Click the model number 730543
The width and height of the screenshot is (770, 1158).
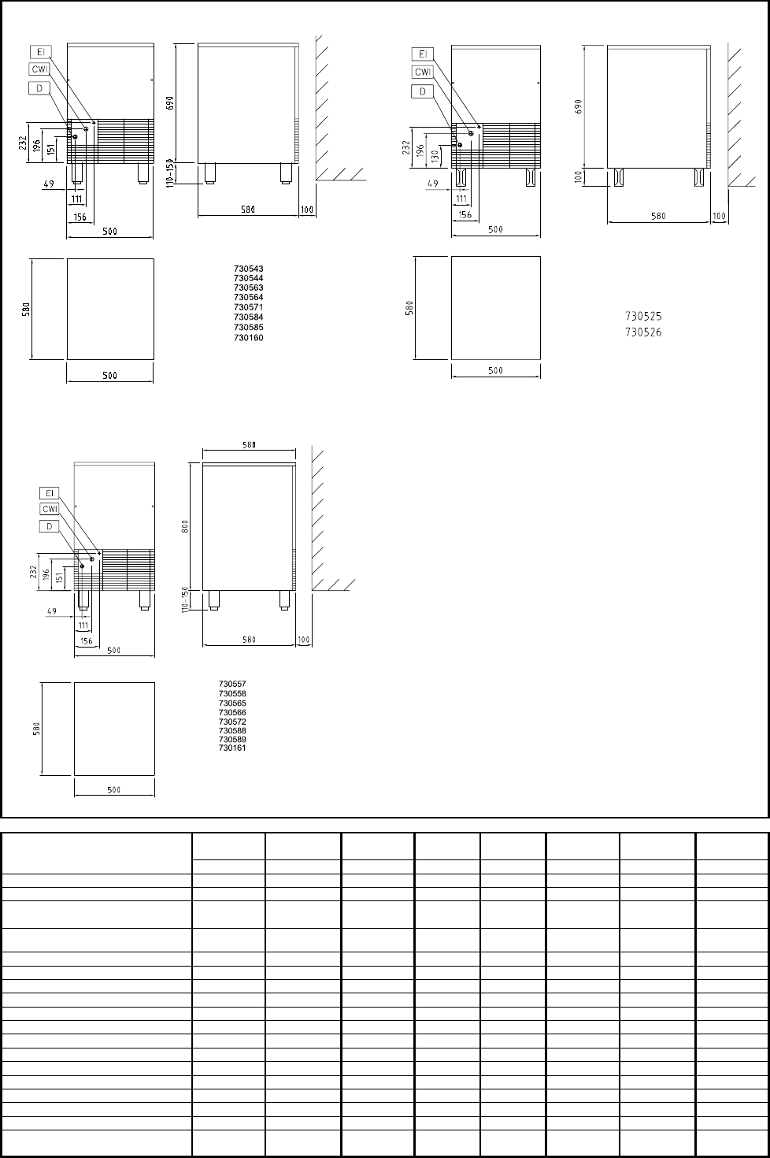click(x=249, y=269)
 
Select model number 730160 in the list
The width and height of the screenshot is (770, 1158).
click(x=249, y=338)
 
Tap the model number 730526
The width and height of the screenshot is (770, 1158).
click(x=643, y=332)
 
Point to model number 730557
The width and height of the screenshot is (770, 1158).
click(x=232, y=684)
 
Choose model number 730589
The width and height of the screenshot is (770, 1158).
click(x=232, y=739)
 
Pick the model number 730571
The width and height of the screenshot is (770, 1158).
click(x=249, y=307)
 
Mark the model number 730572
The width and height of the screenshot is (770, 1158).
click(x=232, y=722)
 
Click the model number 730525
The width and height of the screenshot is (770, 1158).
click(x=643, y=316)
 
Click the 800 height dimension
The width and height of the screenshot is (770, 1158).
click(x=186, y=526)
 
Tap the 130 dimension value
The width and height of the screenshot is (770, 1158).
click(x=435, y=155)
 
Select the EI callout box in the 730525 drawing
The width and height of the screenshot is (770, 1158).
click(x=423, y=54)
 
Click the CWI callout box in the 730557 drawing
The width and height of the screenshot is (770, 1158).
click(x=50, y=509)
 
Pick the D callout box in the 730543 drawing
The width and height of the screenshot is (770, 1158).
click(x=39, y=88)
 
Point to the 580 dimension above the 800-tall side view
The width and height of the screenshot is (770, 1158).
click(x=249, y=444)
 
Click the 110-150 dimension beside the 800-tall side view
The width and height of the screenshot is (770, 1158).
click(x=185, y=599)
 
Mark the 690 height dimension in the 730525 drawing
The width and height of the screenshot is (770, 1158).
click(x=578, y=106)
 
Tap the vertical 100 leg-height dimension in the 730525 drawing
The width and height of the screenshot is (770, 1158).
click(x=578, y=176)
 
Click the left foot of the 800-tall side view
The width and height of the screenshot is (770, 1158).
click(x=213, y=600)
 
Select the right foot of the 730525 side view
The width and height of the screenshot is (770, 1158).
click(x=699, y=176)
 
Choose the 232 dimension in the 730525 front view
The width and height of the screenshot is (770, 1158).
click(x=407, y=148)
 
